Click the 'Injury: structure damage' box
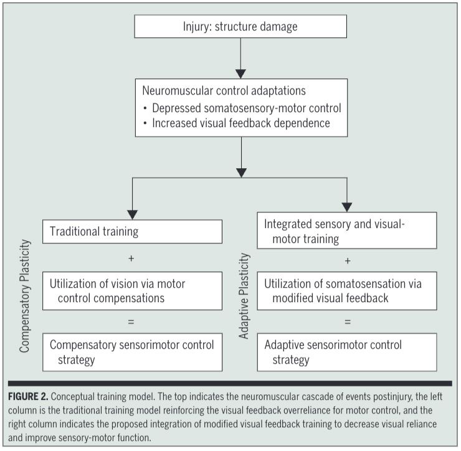(x=240, y=27)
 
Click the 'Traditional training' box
(x=132, y=232)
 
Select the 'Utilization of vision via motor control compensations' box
(x=132, y=290)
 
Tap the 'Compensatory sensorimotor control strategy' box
(x=132, y=352)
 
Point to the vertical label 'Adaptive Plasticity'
(x=244, y=296)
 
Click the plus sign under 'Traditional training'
(x=130, y=257)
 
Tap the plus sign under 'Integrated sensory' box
(x=347, y=260)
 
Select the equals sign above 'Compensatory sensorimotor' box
(x=130, y=321)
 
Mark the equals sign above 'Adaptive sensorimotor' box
(x=347, y=321)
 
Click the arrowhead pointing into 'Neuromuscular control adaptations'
(x=240, y=73)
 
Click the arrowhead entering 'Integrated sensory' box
(x=347, y=206)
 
